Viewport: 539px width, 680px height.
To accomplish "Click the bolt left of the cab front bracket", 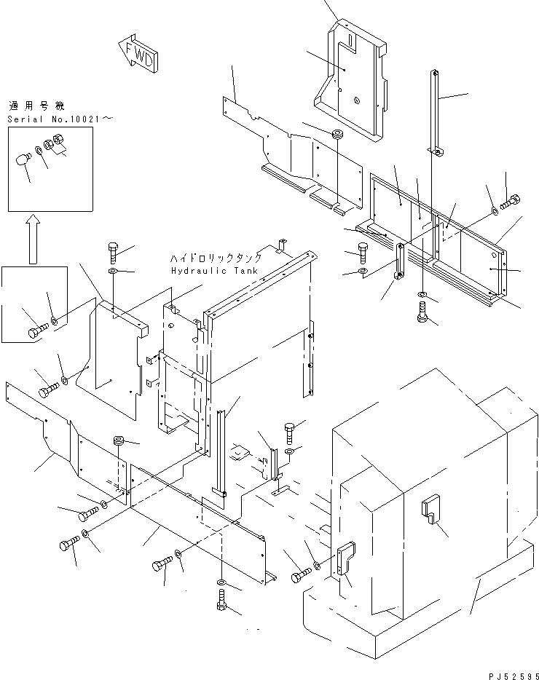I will [299, 577].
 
